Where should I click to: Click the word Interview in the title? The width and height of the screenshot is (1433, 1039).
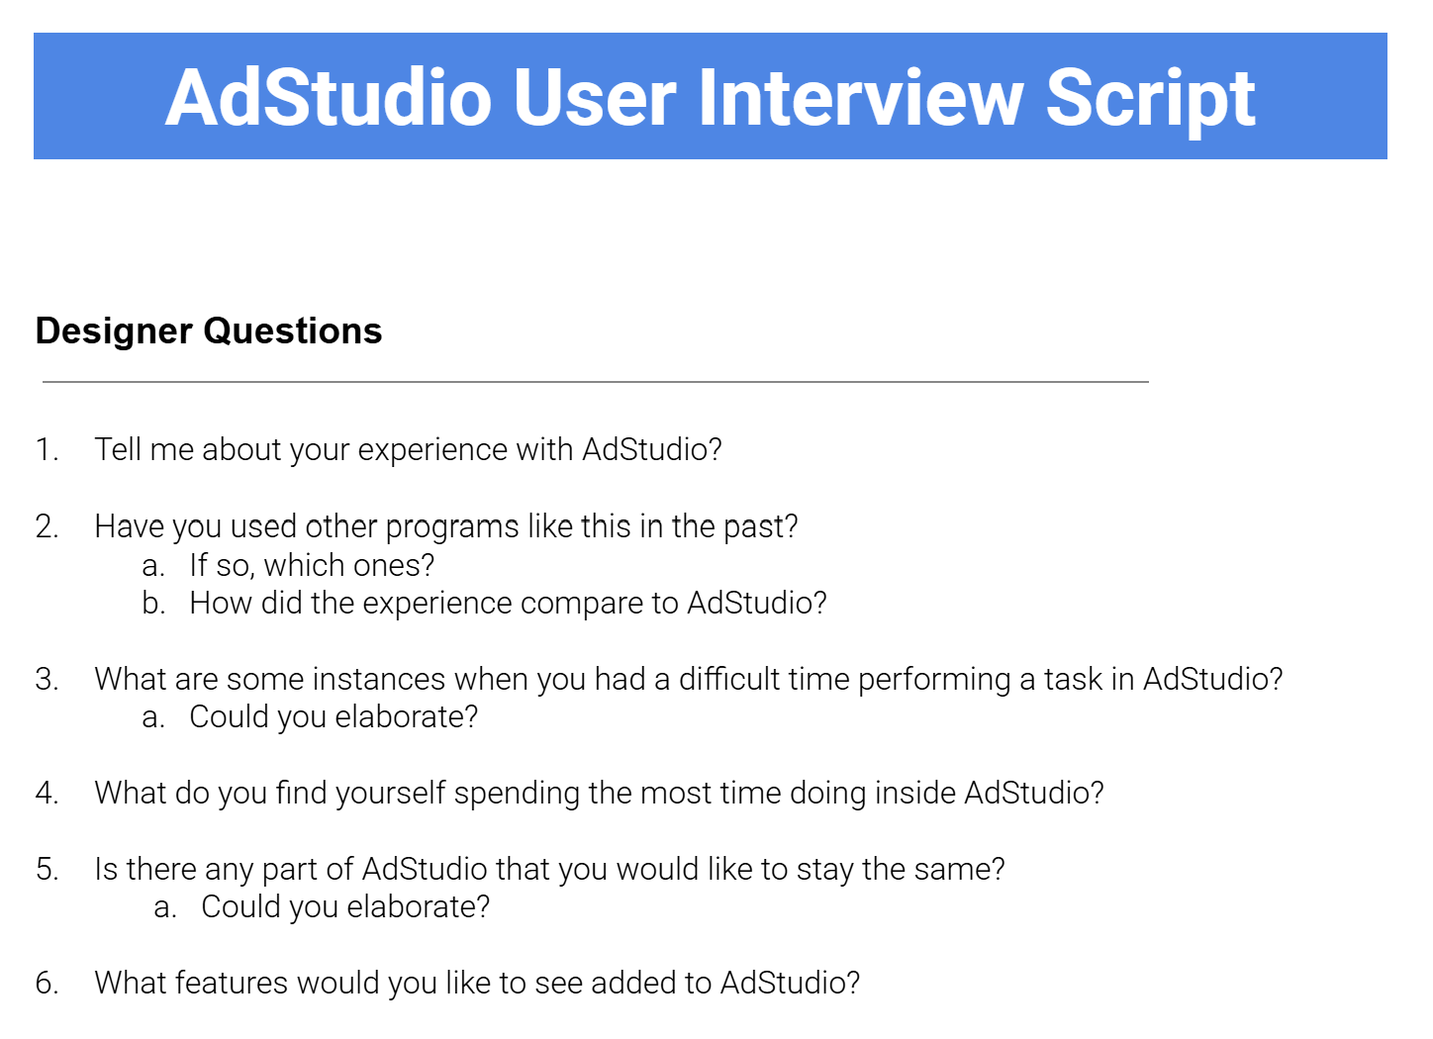[861, 98]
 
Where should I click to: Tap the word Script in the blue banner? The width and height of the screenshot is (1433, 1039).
[1150, 98]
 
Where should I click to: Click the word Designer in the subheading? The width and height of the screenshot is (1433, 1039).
[114, 331]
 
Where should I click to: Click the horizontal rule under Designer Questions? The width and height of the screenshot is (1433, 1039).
[595, 381]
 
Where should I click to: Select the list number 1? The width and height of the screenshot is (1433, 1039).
[47, 449]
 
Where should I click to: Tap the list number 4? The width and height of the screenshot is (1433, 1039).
[47, 793]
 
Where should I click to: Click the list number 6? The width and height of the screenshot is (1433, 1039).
[47, 983]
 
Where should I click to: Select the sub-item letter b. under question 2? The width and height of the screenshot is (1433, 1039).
[152, 603]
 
